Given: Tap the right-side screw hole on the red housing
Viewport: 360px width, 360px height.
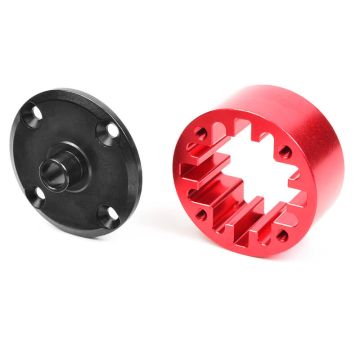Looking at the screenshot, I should [285, 152].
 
